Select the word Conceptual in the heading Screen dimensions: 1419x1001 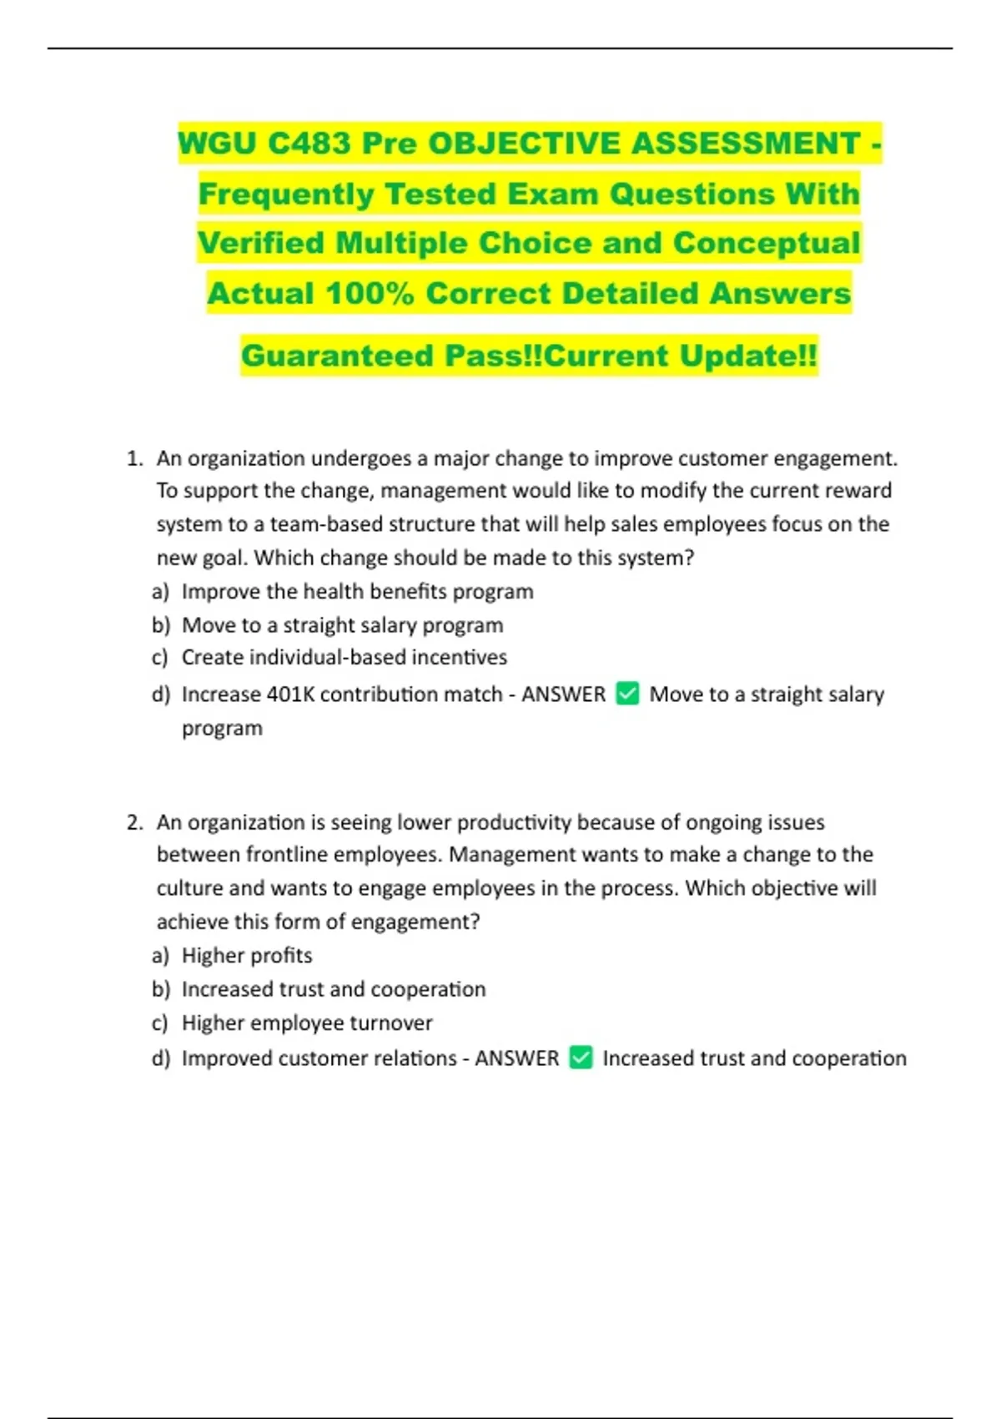pos(766,244)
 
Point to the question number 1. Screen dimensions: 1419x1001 pos(133,458)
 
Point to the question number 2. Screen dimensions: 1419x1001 pos(133,822)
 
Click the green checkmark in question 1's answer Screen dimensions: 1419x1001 pos(627,694)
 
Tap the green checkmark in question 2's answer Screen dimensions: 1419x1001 pos(581,1058)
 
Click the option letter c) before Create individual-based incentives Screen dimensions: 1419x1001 pos(160,658)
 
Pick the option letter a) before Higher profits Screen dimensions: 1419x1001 pos(160,956)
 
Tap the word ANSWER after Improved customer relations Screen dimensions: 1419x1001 pos(516,1058)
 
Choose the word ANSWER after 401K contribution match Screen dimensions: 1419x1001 pos(563,694)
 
